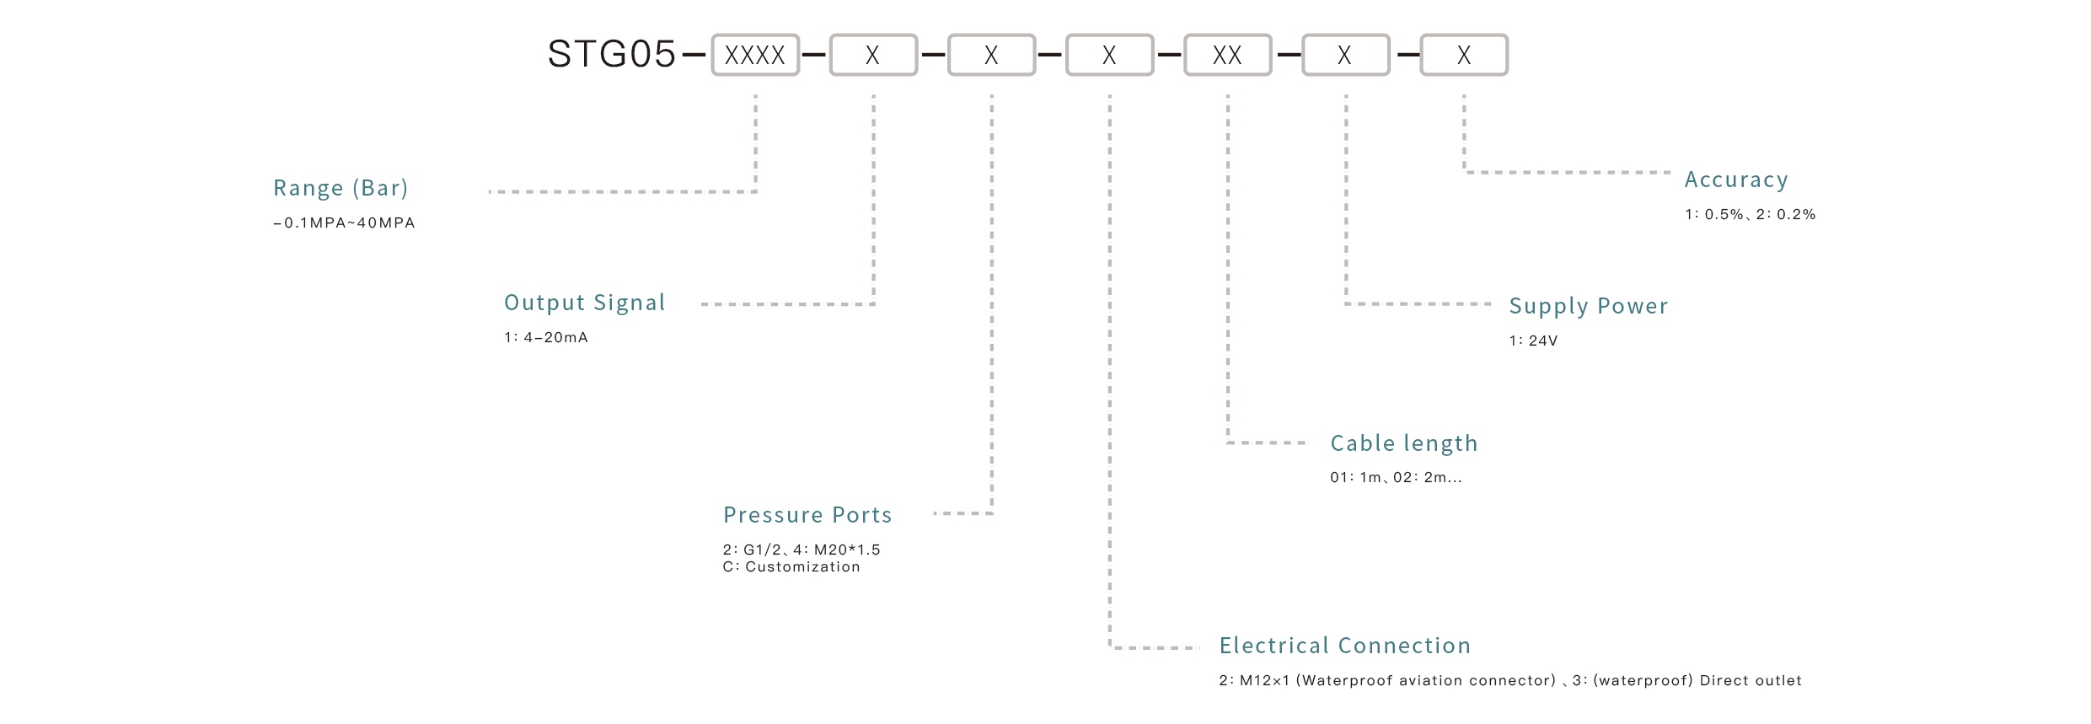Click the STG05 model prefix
[x=611, y=55]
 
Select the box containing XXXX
[x=755, y=55]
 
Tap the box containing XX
[x=1227, y=55]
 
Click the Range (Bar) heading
[x=340, y=188]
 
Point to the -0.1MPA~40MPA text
[x=344, y=223]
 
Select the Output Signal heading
[x=584, y=303]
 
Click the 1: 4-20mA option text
[x=546, y=338]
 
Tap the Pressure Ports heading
[x=807, y=515]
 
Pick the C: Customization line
[x=791, y=567]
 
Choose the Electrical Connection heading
[x=1344, y=646]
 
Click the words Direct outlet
[x=1750, y=681]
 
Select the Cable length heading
[x=1403, y=443]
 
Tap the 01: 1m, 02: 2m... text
[x=1396, y=478]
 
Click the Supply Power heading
[x=1588, y=306]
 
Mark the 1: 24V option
[x=1533, y=341]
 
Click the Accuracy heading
[x=1735, y=180]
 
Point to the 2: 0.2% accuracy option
[x=1785, y=215]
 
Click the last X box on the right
[x=1464, y=55]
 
